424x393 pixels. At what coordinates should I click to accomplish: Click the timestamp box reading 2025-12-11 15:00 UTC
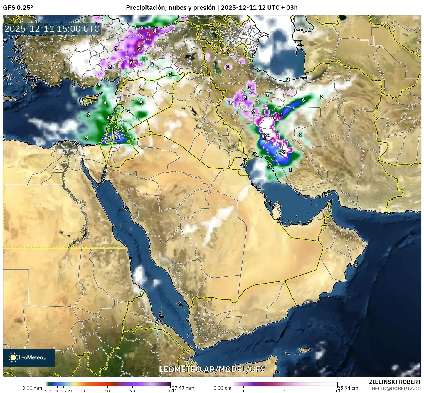tap(52, 29)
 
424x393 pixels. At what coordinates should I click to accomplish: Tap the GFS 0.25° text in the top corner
tap(18, 8)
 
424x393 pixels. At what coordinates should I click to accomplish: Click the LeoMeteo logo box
tap(29, 357)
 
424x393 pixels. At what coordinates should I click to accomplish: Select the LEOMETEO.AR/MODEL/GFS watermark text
tap(212, 369)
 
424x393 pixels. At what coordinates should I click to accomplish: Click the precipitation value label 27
tap(264, 138)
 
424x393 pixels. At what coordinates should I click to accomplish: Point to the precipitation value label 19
tap(117, 138)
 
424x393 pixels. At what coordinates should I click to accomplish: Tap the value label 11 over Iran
tap(280, 115)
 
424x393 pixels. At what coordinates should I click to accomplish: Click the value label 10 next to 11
tap(272, 118)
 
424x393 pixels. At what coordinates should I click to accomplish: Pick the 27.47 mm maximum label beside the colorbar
tap(183, 388)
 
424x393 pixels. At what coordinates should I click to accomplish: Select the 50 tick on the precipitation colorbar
tap(107, 391)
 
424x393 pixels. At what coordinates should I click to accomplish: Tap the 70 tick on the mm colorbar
tap(132, 391)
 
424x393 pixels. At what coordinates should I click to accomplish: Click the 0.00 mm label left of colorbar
tap(32, 388)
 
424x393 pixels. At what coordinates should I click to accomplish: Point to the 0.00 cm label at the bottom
tap(222, 388)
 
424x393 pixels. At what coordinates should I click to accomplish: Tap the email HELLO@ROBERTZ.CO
tap(396, 388)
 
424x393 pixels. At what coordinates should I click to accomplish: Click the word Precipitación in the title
tap(145, 8)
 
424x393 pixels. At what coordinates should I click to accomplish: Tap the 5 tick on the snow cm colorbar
tap(285, 391)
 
